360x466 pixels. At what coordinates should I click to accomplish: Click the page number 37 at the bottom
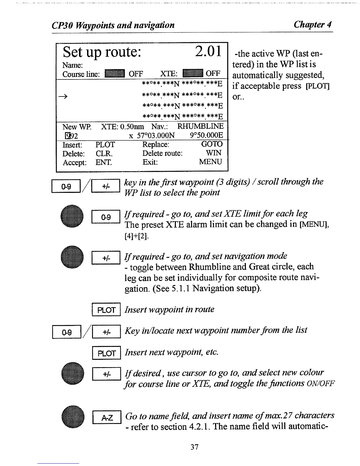(x=194, y=447)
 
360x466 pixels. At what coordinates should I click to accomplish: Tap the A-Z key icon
(x=107, y=417)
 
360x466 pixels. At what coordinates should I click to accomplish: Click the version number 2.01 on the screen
(x=208, y=52)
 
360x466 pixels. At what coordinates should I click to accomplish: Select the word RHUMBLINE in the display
(x=200, y=127)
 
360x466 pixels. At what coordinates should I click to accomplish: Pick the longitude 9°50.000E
(x=206, y=135)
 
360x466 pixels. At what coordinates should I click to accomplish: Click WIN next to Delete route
(x=214, y=153)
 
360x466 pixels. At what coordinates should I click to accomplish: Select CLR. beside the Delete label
(x=104, y=154)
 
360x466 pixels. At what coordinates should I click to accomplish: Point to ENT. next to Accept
(x=104, y=162)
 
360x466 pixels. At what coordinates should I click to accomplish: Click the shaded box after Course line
(x=115, y=73)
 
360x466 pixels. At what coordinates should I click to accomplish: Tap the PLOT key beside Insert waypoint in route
(x=106, y=310)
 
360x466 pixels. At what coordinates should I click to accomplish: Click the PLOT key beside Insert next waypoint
(x=106, y=353)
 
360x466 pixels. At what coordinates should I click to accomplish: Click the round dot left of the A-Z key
(x=72, y=417)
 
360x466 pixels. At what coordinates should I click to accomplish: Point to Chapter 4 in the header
(x=313, y=24)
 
